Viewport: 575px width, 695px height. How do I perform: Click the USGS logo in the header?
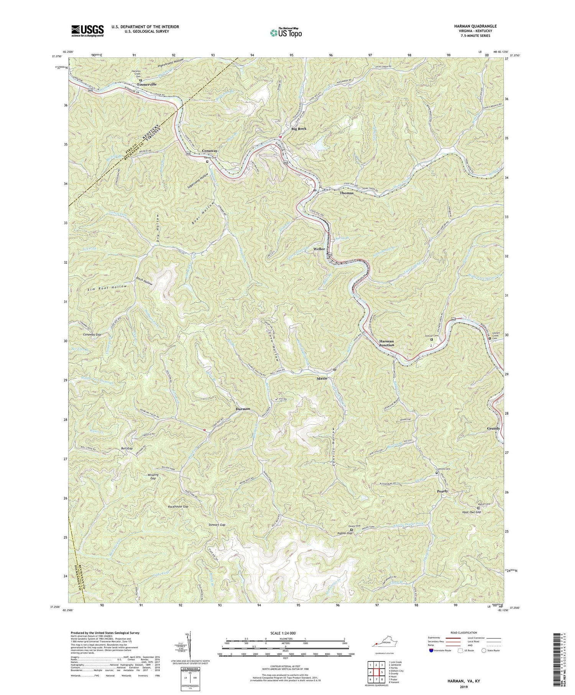[87, 31]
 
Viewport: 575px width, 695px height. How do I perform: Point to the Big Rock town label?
[299, 129]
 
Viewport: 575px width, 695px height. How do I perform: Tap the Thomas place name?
[347, 193]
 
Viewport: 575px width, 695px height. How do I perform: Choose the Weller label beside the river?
[319, 249]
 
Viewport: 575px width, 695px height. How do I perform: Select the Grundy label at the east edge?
[493, 429]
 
